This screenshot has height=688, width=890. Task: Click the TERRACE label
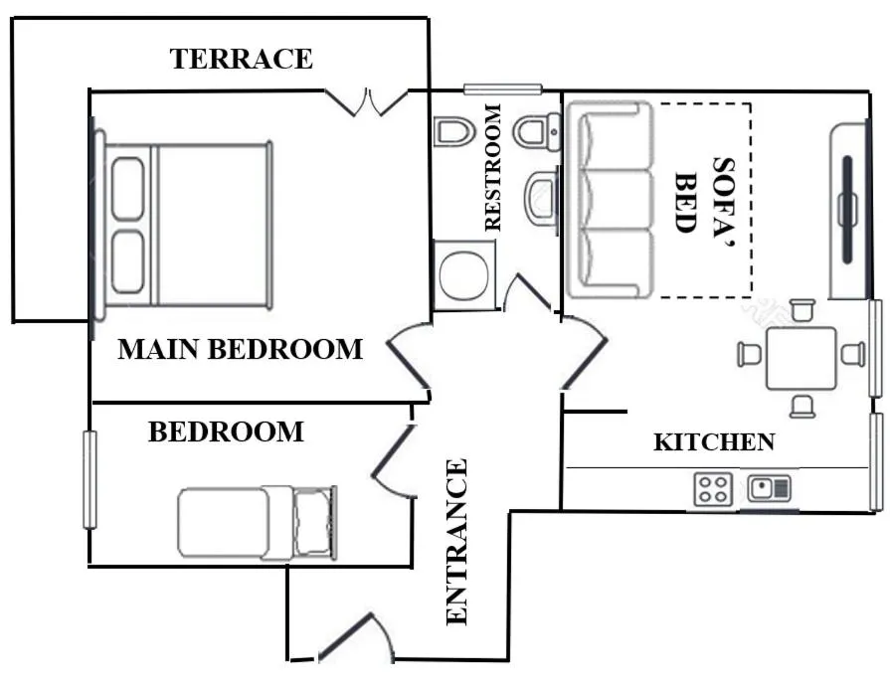tap(242, 59)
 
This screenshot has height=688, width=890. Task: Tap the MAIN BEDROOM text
tap(240, 349)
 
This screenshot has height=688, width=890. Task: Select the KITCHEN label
tap(714, 442)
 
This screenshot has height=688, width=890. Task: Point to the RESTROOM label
tap(492, 167)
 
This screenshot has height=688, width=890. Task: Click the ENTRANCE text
tap(456, 542)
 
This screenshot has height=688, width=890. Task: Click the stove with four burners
tap(713, 489)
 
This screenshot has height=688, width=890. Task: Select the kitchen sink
tap(769, 488)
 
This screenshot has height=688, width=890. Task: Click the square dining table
tap(801, 358)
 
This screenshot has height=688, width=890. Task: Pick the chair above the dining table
tap(802, 310)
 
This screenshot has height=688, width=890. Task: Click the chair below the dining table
tap(802, 407)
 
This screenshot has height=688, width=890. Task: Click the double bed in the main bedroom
tap(185, 226)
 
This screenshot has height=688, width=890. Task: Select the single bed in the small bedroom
tap(258, 523)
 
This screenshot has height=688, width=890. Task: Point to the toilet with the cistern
tap(536, 131)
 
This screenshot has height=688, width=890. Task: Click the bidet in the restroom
tap(453, 131)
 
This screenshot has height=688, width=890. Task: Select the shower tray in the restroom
tap(464, 275)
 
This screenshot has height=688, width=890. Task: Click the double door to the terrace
tap(367, 102)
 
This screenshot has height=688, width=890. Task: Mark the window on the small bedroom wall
tap(89, 479)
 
